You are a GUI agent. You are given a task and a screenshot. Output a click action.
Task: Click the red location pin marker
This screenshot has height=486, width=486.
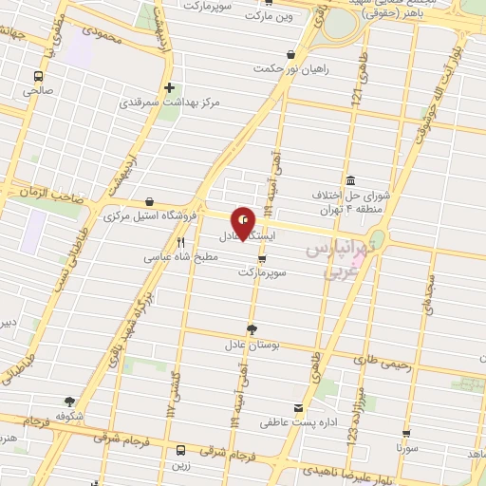coord(243,224)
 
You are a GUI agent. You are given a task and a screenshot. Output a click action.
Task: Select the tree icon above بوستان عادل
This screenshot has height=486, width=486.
coord(251,328)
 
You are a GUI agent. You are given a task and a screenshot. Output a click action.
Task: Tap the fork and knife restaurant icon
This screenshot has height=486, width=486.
coord(180,243)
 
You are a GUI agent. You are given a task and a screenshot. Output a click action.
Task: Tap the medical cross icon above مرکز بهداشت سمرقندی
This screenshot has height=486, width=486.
coord(169,87)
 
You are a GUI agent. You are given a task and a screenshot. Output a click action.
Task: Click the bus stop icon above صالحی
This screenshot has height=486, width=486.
coord(39,76)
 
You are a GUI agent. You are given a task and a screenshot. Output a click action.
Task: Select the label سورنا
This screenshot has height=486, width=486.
coord(408,443)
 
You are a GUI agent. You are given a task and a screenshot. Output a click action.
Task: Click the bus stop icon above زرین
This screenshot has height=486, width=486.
coord(181,449)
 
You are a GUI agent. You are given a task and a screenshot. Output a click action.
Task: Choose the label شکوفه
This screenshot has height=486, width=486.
coord(70,416)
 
